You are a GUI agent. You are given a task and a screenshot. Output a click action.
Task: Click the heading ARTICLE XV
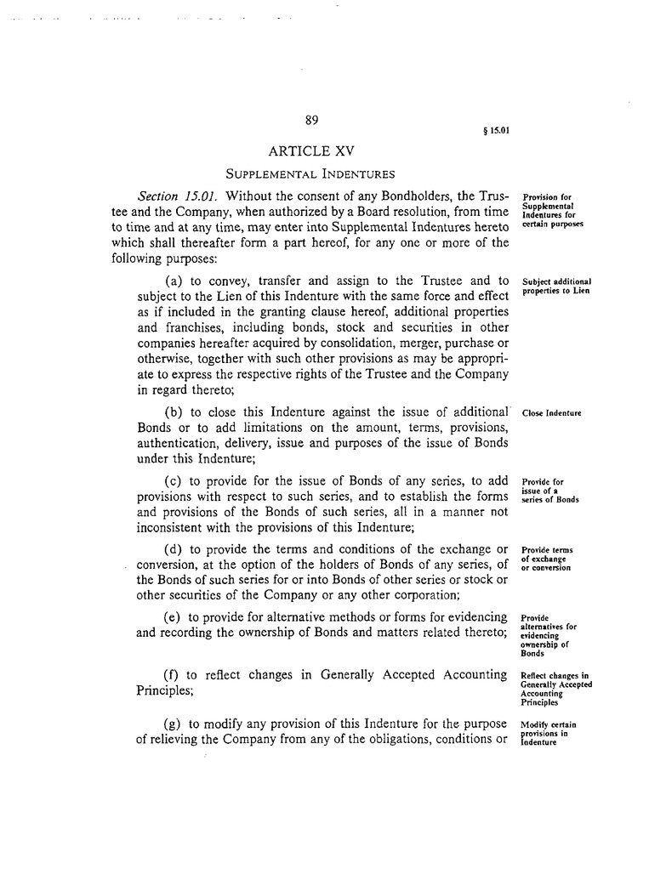coord(310,152)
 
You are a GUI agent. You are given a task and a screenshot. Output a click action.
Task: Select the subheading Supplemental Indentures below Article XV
coord(310,175)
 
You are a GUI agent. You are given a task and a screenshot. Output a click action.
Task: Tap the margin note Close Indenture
coord(550,413)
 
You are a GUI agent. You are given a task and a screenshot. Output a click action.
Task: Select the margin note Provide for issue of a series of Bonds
coord(549,491)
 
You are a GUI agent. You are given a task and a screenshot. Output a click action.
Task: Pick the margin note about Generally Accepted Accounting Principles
coord(555,690)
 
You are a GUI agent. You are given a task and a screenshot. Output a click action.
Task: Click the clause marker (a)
coord(174,281)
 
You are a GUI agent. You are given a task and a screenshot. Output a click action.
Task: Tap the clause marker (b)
coord(174,412)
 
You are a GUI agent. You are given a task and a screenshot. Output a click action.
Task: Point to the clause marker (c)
coord(174,482)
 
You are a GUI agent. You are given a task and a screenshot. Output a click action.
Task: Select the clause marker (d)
coord(174,548)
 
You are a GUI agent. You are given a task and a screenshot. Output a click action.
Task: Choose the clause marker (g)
coord(172,724)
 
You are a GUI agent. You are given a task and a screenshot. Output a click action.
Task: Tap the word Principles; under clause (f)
coord(166,690)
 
